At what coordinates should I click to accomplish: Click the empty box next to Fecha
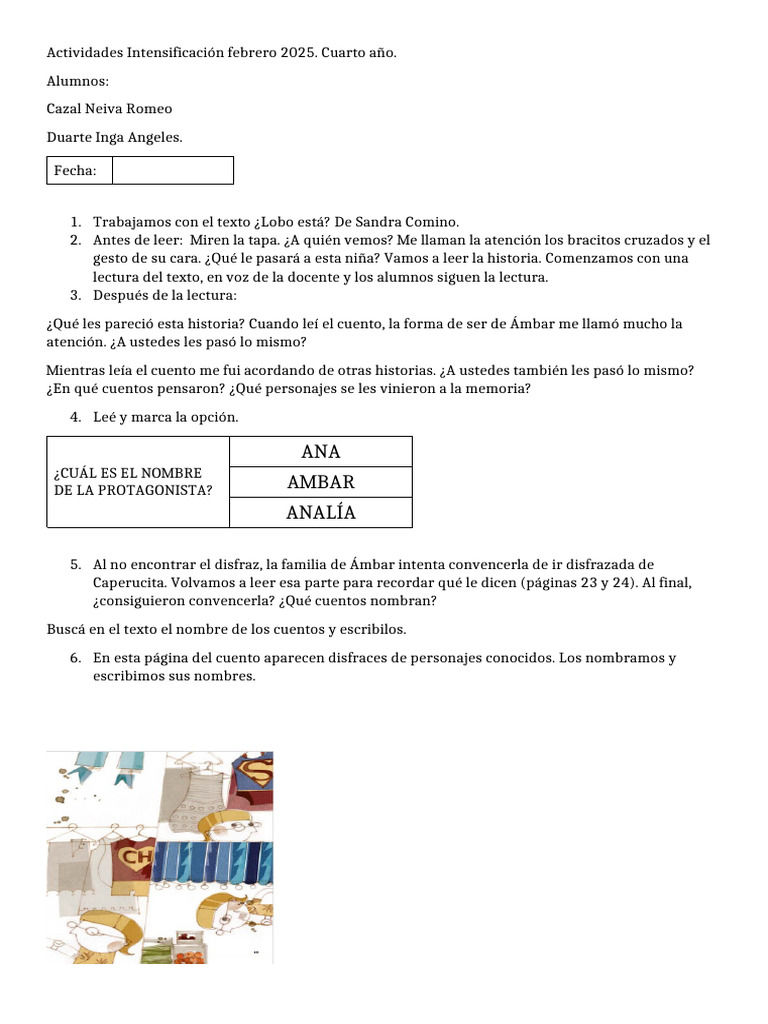[172, 171]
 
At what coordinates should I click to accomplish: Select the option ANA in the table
[321, 452]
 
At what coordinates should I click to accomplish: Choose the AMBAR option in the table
[321, 482]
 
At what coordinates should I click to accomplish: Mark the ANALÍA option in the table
[321, 513]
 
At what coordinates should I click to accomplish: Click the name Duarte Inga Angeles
[114, 137]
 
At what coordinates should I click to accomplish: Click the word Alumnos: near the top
[77, 80]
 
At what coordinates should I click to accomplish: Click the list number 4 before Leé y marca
[75, 417]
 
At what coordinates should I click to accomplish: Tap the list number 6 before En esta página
[75, 658]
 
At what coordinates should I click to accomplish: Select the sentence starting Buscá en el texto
[226, 629]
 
